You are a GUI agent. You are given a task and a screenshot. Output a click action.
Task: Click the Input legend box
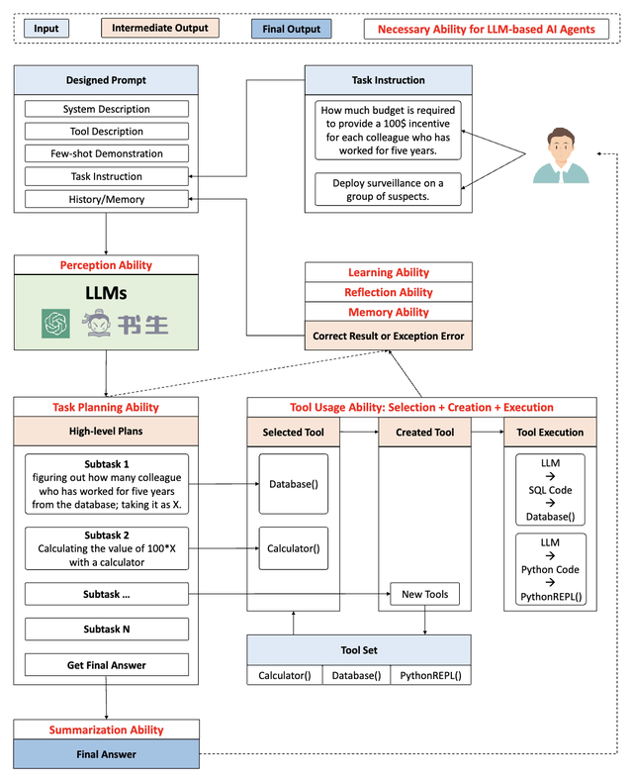click(46, 29)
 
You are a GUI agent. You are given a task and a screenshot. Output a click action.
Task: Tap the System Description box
click(106, 109)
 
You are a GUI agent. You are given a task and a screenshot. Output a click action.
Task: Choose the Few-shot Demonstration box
click(106, 153)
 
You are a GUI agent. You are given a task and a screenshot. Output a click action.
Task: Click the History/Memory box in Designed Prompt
click(106, 199)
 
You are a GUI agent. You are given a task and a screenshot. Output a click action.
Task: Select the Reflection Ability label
click(389, 292)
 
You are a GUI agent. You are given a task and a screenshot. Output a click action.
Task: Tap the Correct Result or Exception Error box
click(389, 336)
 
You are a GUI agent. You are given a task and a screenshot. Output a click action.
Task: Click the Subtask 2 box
click(106, 547)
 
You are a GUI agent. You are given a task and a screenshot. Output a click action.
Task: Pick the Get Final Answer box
click(106, 665)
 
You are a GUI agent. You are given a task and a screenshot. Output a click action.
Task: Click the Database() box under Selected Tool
click(293, 484)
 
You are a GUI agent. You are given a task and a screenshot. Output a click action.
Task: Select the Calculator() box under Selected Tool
click(293, 547)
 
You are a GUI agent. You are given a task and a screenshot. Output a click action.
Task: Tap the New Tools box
click(424, 594)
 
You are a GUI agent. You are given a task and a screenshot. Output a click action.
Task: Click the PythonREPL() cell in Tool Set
click(429, 675)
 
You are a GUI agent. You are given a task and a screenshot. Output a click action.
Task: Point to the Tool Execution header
click(550, 433)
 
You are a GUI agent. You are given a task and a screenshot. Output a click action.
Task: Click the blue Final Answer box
click(106, 754)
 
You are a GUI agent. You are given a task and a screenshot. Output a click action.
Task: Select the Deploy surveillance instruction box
click(389, 189)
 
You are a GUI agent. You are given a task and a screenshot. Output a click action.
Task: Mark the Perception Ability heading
click(106, 265)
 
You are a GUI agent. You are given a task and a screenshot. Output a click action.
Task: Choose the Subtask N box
click(106, 629)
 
